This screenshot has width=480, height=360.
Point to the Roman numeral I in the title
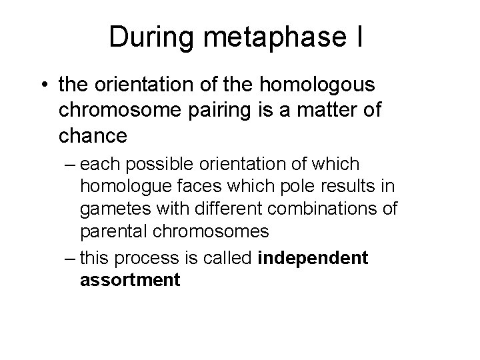click(359, 37)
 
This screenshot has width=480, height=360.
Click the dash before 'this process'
click(70, 257)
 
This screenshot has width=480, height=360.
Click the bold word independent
click(312, 257)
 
